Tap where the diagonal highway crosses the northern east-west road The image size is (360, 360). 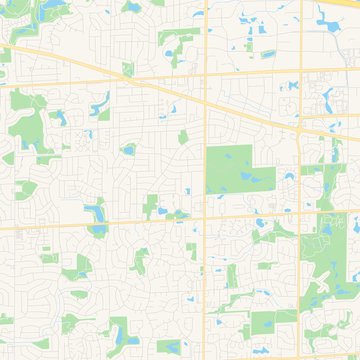click(131, 77)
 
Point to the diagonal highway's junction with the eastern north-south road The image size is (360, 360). click(301, 129)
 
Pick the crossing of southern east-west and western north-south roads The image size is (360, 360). click(205, 217)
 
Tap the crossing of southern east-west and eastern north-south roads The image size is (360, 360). click(301, 213)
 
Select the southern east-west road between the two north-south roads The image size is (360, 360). click(250, 215)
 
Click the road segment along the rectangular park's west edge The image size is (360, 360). click(205, 170)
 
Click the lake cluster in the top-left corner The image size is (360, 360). click(47, 10)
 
